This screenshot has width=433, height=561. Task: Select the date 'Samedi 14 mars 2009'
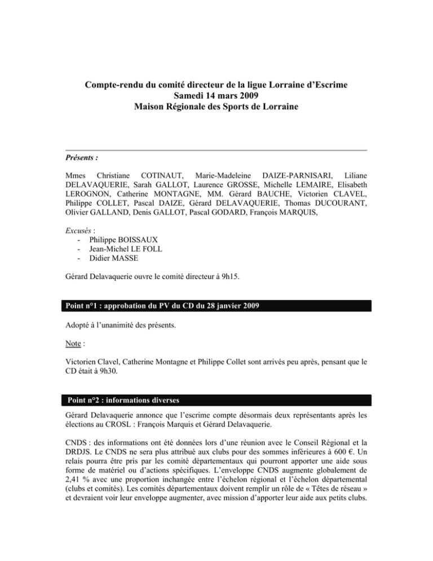tap(216, 97)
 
